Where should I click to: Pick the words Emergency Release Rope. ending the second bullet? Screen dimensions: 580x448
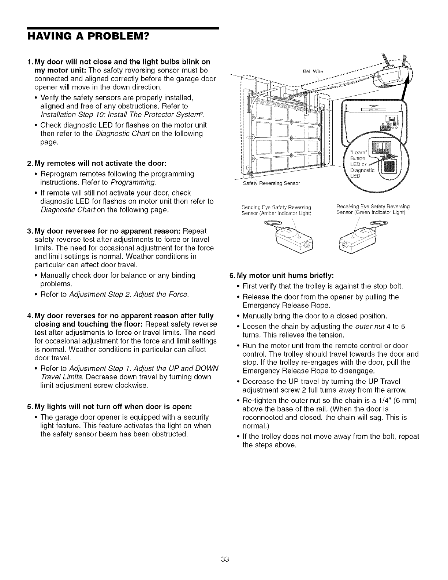[x=287, y=305]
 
